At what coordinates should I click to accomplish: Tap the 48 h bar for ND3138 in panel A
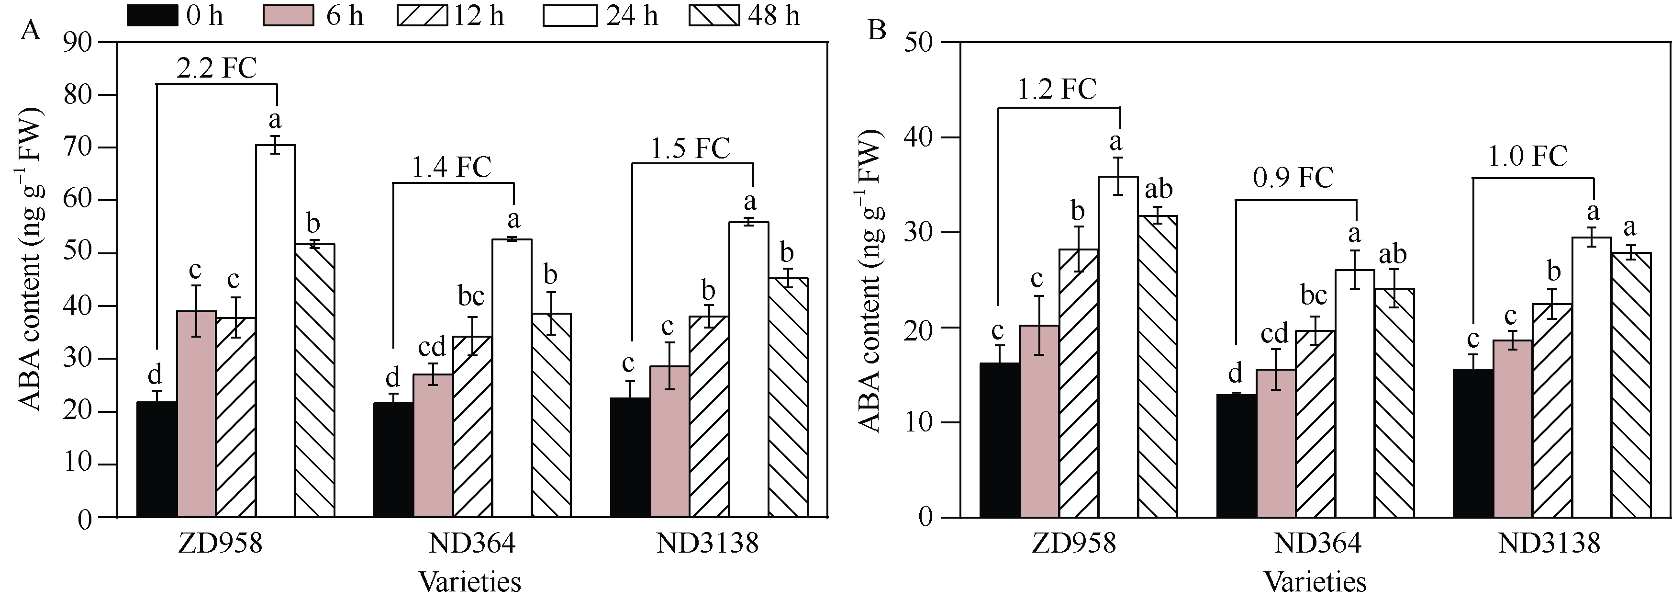[788, 397]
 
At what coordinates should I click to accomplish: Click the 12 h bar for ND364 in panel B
[1315, 424]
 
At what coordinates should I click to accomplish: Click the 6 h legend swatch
[288, 16]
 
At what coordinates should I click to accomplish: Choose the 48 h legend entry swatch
[714, 16]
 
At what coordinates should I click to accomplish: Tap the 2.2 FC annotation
[217, 68]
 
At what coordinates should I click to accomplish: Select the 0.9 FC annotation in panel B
[1293, 177]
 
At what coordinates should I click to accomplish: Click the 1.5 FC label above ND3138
[691, 149]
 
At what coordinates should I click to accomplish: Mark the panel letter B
[877, 29]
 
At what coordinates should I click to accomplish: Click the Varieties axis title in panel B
[1315, 581]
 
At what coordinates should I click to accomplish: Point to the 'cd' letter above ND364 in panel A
[432, 347]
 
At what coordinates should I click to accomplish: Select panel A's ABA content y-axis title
[29, 260]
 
